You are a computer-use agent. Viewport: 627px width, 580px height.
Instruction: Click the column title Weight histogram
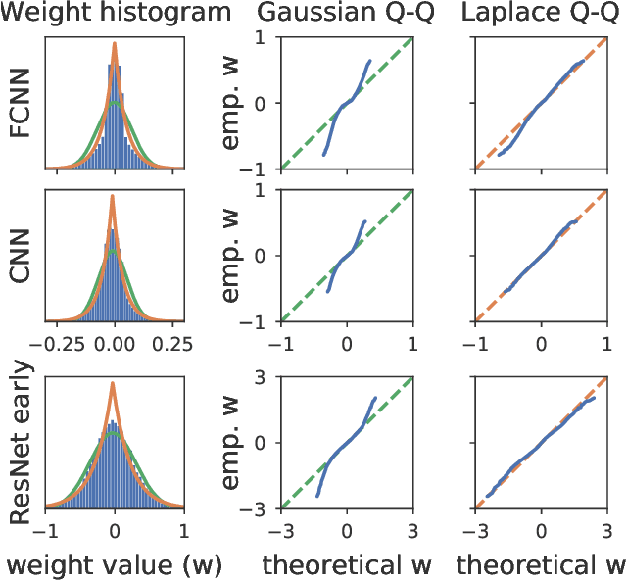117,15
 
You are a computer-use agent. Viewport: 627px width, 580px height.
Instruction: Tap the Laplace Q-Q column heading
542,15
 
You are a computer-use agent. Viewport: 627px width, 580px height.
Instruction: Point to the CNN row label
22,256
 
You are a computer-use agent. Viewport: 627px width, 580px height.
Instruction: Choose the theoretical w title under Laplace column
542,565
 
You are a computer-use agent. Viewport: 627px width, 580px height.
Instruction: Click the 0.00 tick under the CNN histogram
115,345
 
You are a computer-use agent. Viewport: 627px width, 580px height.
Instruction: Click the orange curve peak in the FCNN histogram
115,43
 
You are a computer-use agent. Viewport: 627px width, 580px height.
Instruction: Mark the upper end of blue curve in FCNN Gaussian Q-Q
369,61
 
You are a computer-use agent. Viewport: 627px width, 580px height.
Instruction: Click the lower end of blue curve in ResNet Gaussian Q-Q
317,496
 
